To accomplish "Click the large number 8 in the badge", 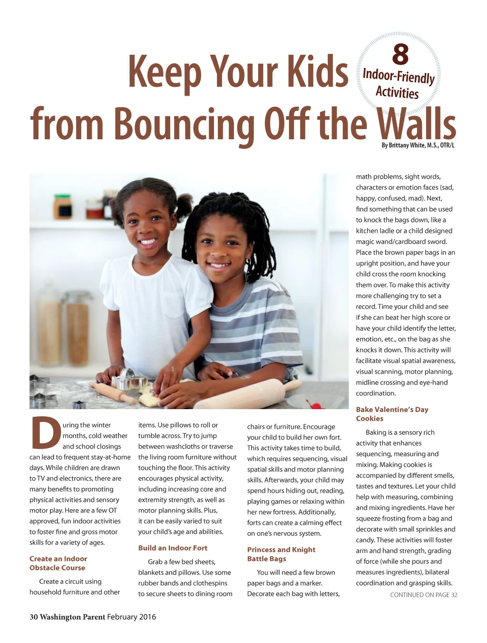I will coord(400,55).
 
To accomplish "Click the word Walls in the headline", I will coord(416,125).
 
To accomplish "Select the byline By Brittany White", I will coord(418,145).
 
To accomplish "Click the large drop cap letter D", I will coord(46,433).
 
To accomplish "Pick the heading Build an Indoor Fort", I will coord(173,548).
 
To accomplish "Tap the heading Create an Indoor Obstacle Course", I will coord(58,563).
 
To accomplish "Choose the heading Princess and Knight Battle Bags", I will coord(281,554).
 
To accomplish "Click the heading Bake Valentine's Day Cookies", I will coord(392,414).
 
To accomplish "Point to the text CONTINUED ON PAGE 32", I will coord(423,595).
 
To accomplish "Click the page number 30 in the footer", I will coord(34,617).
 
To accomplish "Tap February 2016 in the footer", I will coord(131,617).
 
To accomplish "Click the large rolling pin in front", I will coord(247,393).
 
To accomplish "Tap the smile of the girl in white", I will coord(147,241).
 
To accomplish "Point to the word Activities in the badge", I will coord(397,92).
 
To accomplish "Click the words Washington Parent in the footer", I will coord(72,617).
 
